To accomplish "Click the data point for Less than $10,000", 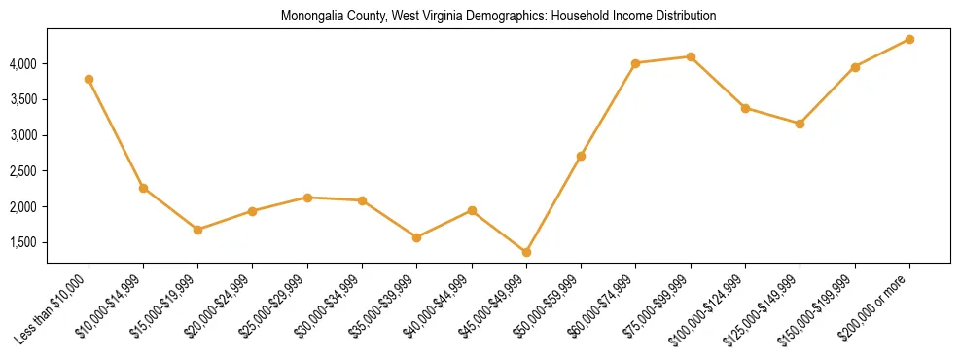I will click(89, 79).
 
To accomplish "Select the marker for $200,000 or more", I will click(909, 39).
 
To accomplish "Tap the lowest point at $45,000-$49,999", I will click(526, 252).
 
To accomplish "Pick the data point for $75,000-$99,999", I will click(691, 56).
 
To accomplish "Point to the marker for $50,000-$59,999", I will click(581, 156).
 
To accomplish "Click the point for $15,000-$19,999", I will click(198, 230).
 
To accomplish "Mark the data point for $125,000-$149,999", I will click(800, 124).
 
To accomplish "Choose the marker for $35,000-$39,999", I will click(417, 237).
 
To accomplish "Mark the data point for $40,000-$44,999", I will click(472, 210).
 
